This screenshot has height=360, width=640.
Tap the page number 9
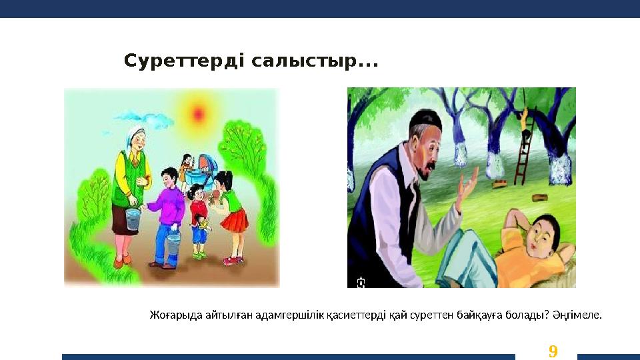[552, 351]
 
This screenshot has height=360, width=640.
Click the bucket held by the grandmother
[133, 219]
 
